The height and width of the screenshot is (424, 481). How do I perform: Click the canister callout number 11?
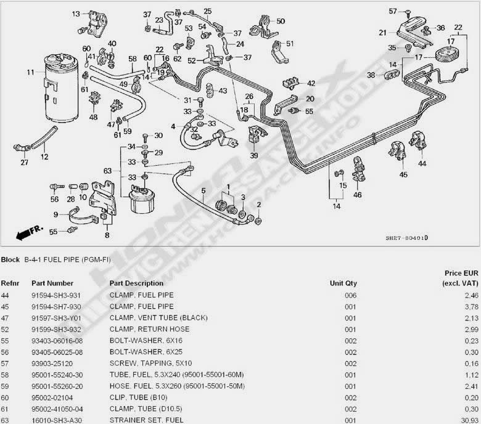pyautogui.click(x=30, y=73)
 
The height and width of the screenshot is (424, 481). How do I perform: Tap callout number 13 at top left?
pyautogui.click(x=76, y=13)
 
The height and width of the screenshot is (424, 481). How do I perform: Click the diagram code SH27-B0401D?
pyautogui.click(x=407, y=238)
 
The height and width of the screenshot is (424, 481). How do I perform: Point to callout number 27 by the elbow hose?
pyautogui.click(x=24, y=163)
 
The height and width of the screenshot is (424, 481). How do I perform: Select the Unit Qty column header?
pyautogui.click(x=343, y=283)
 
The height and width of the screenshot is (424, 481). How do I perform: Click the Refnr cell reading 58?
pyautogui.click(x=6, y=374)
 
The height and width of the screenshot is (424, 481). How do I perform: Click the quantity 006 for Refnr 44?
pyautogui.click(x=350, y=295)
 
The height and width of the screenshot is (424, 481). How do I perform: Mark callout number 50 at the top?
pyautogui.click(x=281, y=22)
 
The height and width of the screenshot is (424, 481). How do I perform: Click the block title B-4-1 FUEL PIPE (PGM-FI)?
pyautogui.click(x=68, y=260)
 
